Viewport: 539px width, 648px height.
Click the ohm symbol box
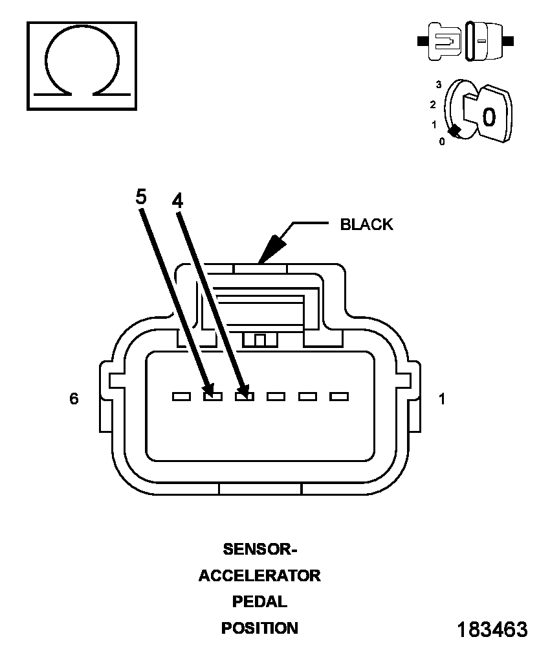(x=82, y=66)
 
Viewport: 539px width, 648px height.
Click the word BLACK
(x=366, y=224)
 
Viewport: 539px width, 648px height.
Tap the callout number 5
(x=141, y=197)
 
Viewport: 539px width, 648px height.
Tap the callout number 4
(x=177, y=201)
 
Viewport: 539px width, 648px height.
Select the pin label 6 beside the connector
(x=74, y=399)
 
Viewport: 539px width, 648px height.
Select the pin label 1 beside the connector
(x=441, y=399)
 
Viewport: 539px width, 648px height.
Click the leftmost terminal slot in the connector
(x=182, y=397)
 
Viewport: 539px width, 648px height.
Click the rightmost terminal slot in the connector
(x=339, y=397)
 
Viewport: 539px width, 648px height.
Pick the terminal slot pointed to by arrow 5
(x=213, y=397)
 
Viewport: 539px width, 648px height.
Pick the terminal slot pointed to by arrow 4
(x=245, y=397)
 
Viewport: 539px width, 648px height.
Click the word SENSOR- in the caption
(x=260, y=550)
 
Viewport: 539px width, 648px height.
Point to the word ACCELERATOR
(x=259, y=575)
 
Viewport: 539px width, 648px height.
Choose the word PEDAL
(x=259, y=602)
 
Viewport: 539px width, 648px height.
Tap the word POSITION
(x=259, y=628)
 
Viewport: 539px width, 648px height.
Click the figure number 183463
(x=492, y=630)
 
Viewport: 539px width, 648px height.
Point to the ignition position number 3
(x=439, y=85)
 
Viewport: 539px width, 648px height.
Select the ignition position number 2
(x=433, y=104)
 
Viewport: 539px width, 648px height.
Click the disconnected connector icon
(x=465, y=41)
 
